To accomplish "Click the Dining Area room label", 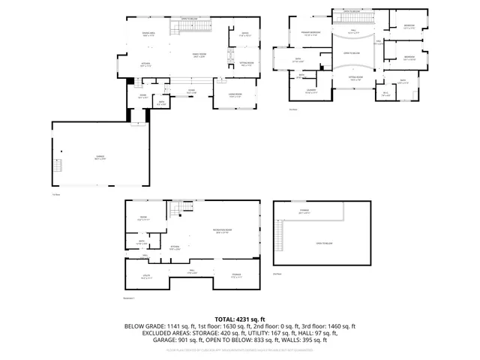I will pyautogui.click(x=148, y=34).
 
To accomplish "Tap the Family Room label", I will pyautogui.click(x=199, y=55).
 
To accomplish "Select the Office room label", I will pyautogui.click(x=244, y=34).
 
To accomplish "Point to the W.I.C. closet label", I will pyautogui.click(x=385, y=94).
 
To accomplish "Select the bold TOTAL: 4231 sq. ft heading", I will pyautogui.click(x=240, y=319).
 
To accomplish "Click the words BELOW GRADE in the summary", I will pyautogui.click(x=144, y=326).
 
